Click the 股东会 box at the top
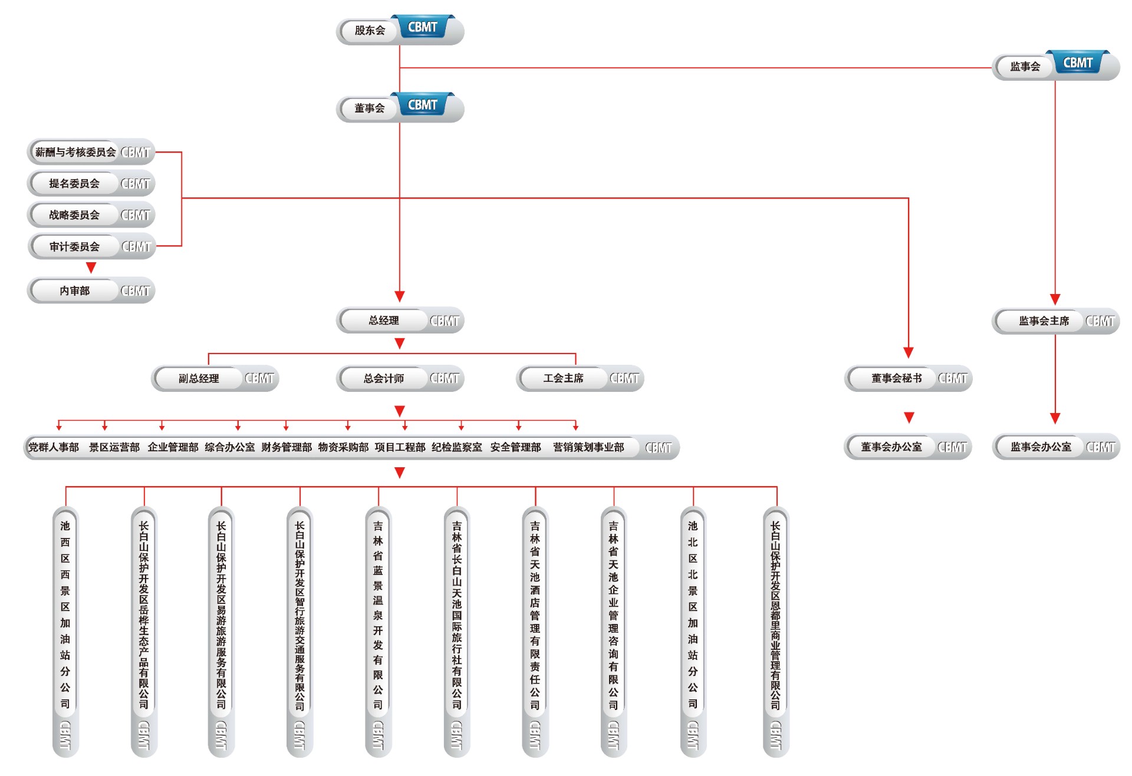click(x=370, y=31)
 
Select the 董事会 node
click(x=370, y=108)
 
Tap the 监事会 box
click(x=1025, y=67)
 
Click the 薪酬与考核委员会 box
click(x=75, y=153)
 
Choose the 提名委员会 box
click(x=74, y=184)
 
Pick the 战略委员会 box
click(x=74, y=215)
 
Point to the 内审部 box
click(x=75, y=291)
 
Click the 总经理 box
click(x=384, y=321)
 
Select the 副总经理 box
click(x=199, y=378)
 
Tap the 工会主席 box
click(x=563, y=378)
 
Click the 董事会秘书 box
click(x=896, y=378)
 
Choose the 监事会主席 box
click(x=1044, y=321)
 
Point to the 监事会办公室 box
click(x=1041, y=447)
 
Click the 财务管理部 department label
click(x=287, y=448)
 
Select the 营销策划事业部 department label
click(x=588, y=448)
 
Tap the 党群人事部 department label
click(x=54, y=448)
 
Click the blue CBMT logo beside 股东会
click(x=423, y=27)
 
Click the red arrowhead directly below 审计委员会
click(x=91, y=268)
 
